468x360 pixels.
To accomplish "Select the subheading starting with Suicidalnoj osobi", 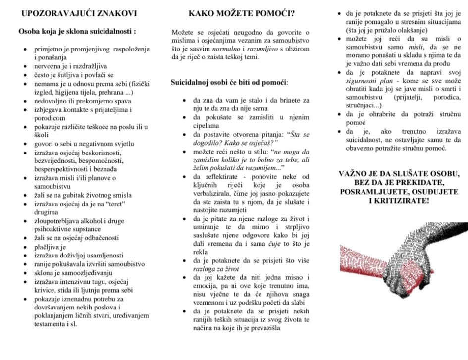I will (229, 82).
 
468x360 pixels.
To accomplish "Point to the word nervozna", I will (49, 66).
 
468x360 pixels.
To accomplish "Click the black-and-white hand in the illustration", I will (426, 248).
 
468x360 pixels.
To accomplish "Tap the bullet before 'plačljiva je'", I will (25, 247).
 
